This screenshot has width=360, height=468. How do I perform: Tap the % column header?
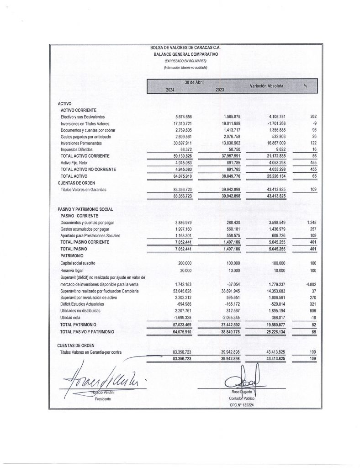(305, 86)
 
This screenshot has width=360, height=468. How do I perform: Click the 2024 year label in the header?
(170, 90)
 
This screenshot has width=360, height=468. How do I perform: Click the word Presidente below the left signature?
(103, 399)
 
